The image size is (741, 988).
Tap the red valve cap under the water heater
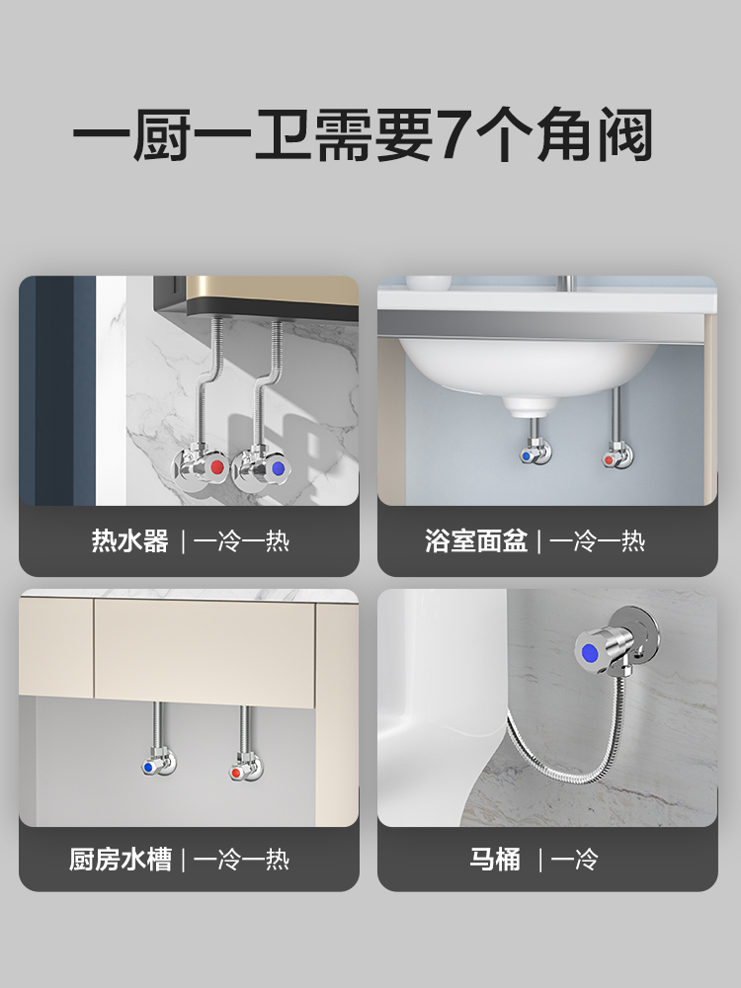tap(216, 467)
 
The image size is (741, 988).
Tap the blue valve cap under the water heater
tap(278, 468)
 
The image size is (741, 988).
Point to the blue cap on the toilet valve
tap(591, 651)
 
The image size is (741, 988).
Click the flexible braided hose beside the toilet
tap(570, 755)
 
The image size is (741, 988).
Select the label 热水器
tap(129, 540)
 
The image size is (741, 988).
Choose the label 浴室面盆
tap(476, 540)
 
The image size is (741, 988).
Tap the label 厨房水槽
tap(121, 859)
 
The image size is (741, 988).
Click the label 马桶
tap(495, 859)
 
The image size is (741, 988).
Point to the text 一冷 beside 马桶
tap(574, 859)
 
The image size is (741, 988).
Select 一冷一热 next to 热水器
tap(241, 540)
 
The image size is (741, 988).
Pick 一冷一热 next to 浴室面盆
tap(597, 540)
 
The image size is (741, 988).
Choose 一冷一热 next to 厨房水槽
tap(241, 859)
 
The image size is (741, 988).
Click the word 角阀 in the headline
tap(595, 133)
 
